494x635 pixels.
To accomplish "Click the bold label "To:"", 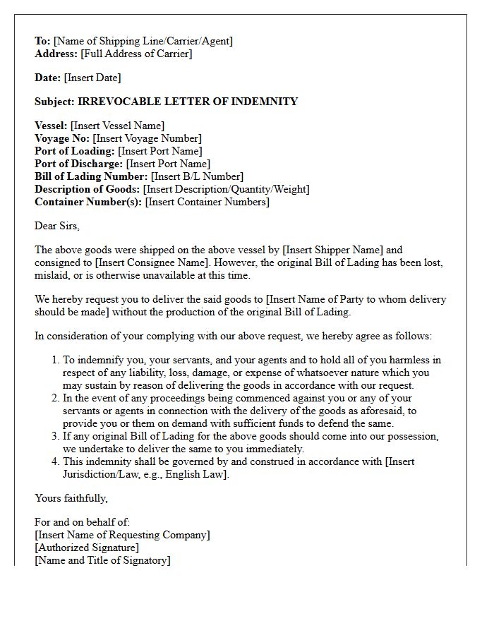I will click(x=42, y=41).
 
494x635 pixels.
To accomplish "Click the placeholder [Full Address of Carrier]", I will click(x=136, y=54).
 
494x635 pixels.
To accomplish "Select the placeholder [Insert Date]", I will click(x=92, y=78).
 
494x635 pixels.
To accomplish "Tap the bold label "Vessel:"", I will click(x=51, y=126).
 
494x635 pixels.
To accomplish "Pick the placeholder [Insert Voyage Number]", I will click(x=147, y=138).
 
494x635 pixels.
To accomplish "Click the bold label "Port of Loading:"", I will click(x=75, y=151).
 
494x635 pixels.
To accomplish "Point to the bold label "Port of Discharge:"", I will click(x=79, y=164).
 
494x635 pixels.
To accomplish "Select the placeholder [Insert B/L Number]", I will click(x=197, y=176).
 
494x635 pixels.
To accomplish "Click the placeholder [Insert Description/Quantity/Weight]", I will click(x=226, y=189).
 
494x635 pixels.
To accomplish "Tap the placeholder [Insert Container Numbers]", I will click(x=207, y=202).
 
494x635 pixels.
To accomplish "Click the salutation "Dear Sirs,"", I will click(x=57, y=226).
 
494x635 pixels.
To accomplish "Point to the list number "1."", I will click(x=55, y=360).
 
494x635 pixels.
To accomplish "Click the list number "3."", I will click(x=55, y=436).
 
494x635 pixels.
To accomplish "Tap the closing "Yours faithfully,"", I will click(x=71, y=498).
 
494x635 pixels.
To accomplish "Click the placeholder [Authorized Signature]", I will click(x=87, y=548).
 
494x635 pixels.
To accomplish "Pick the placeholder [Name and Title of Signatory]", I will click(x=102, y=560).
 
